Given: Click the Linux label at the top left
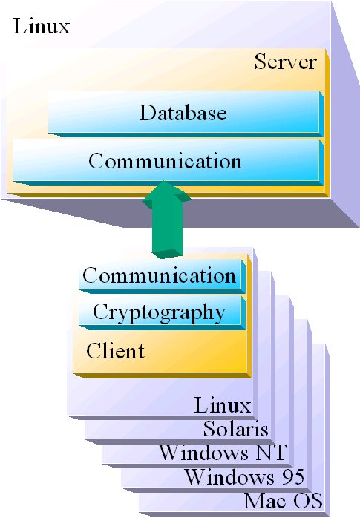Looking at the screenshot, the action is pyautogui.click(x=42, y=26).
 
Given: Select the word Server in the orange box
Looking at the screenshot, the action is pyautogui.click(x=285, y=62).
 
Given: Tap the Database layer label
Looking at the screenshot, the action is pyautogui.click(x=183, y=113).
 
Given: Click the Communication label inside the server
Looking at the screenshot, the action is pyautogui.click(x=165, y=161).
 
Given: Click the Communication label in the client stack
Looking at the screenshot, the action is pyautogui.click(x=159, y=275).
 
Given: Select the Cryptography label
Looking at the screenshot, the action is pyautogui.click(x=159, y=312).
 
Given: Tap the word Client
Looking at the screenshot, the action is pyautogui.click(x=115, y=351).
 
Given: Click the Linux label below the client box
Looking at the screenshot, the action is pyautogui.click(x=223, y=405).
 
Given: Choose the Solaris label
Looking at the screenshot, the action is pyautogui.click(x=236, y=429).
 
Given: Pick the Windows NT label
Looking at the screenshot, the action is pyautogui.click(x=223, y=452).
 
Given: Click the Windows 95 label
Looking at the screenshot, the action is pyautogui.click(x=244, y=476).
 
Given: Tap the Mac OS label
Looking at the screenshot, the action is pyautogui.click(x=284, y=500).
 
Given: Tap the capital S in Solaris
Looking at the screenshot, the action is pyautogui.click(x=209, y=429).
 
